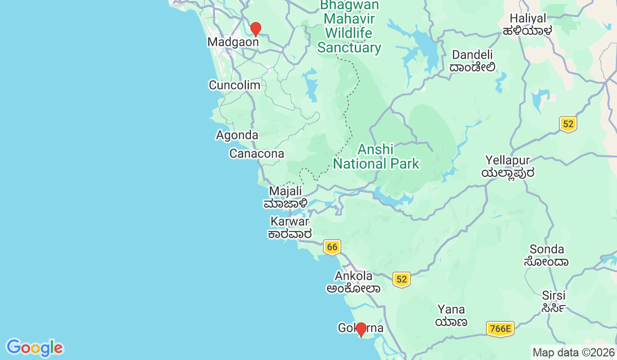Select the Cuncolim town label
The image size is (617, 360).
click(234, 85)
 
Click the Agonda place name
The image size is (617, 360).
click(237, 135)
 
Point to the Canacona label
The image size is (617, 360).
click(257, 154)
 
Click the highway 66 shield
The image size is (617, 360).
click(332, 247)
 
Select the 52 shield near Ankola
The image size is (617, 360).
click(402, 279)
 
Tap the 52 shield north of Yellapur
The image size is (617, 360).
click(568, 124)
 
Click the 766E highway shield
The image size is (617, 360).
click(500, 329)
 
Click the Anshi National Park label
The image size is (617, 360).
click(376, 157)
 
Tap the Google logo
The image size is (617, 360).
click(34, 348)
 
